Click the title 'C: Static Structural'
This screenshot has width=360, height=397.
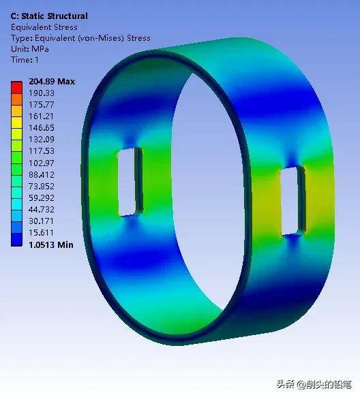(x=49, y=16)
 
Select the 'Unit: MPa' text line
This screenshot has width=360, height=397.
(x=31, y=49)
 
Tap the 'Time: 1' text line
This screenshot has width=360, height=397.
(x=25, y=60)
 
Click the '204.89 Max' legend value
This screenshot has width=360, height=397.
(x=52, y=82)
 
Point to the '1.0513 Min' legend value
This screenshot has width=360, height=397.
(x=50, y=244)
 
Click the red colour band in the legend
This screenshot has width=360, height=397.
(x=16, y=86)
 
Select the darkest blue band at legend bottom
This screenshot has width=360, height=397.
(x=16, y=239)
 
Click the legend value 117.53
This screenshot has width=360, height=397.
(x=41, y=151)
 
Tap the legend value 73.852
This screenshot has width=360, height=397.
(x=41, y=186)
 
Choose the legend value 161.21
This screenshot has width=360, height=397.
(x=41, y=116)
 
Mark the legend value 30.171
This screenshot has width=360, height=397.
(x=41, y=221)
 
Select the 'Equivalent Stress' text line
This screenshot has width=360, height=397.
(x=44, y=27)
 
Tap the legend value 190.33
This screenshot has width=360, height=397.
(x=41, y=93)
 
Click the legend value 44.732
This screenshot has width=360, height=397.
(x=41, y=210)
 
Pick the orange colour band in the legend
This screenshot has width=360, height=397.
(x=16, y=98)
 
